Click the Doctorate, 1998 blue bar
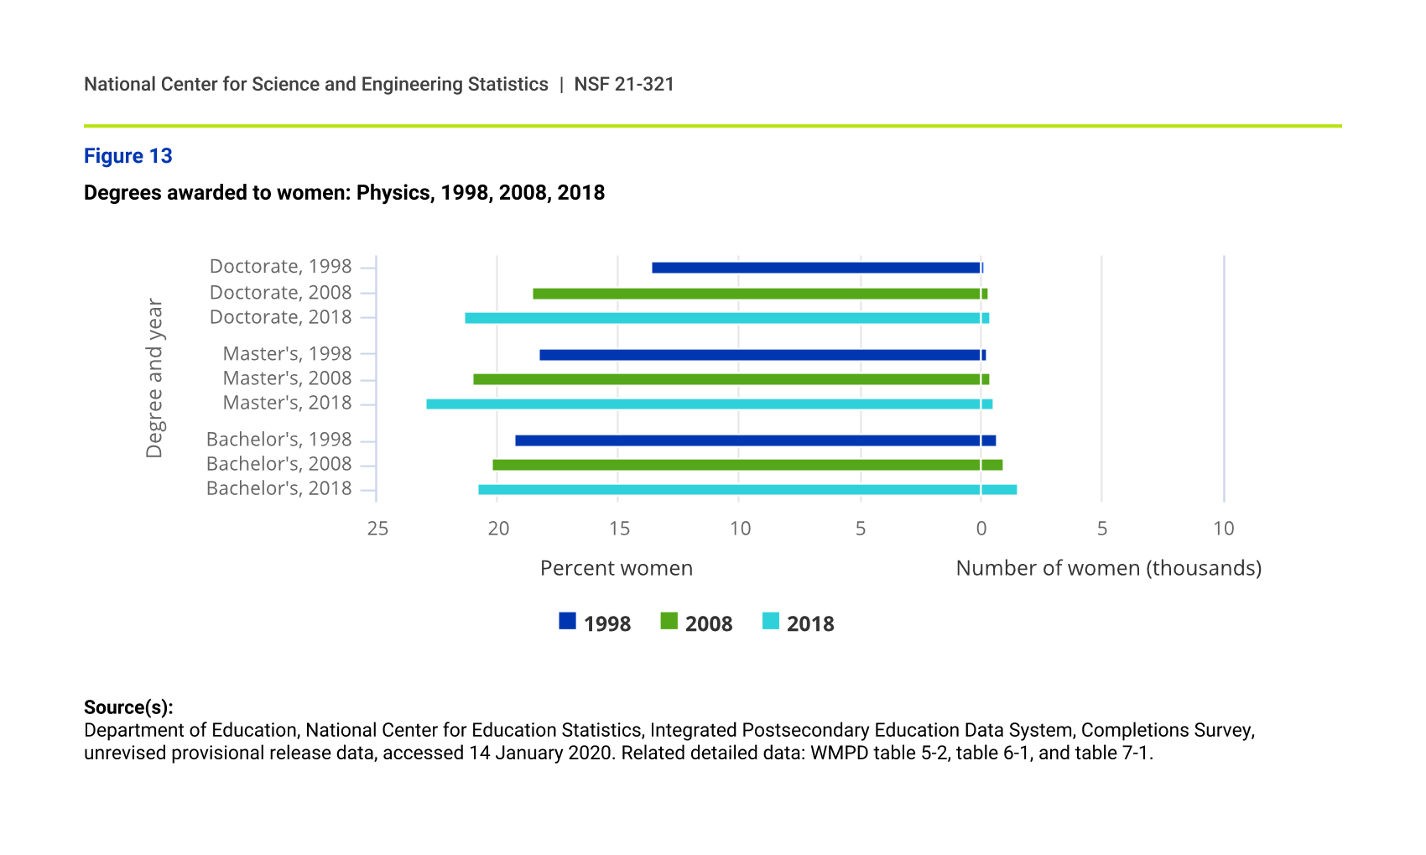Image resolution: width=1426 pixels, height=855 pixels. pos(816,268)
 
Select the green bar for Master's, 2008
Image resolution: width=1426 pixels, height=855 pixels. pos(730,379)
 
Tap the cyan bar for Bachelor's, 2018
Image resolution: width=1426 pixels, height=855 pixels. pos(747,490)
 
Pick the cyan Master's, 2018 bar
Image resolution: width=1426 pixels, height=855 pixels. pos(709,404)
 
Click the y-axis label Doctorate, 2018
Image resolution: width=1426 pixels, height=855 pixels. pos(280,317)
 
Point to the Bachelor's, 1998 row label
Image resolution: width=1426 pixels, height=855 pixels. pos(278,440)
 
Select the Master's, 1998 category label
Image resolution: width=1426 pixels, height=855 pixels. pos(287,354)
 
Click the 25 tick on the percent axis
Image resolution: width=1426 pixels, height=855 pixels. pos(377,529)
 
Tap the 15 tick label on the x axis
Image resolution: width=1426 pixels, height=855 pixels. pos(619,529)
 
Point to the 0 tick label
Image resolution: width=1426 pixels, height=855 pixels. pos(981,529)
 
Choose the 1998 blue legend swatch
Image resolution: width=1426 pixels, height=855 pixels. pos(568,622)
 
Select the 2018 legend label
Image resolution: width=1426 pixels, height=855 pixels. pos(810,623)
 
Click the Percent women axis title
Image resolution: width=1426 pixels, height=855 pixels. pos(617,568)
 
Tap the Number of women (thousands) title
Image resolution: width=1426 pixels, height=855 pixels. pos(1108,568)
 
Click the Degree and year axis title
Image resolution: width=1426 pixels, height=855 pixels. pos(154,378)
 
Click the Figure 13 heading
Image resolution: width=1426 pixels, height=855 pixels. pos(128,156)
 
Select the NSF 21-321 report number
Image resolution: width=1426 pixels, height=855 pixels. pos(624,84)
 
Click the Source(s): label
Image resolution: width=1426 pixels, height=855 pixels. pos(128,707)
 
